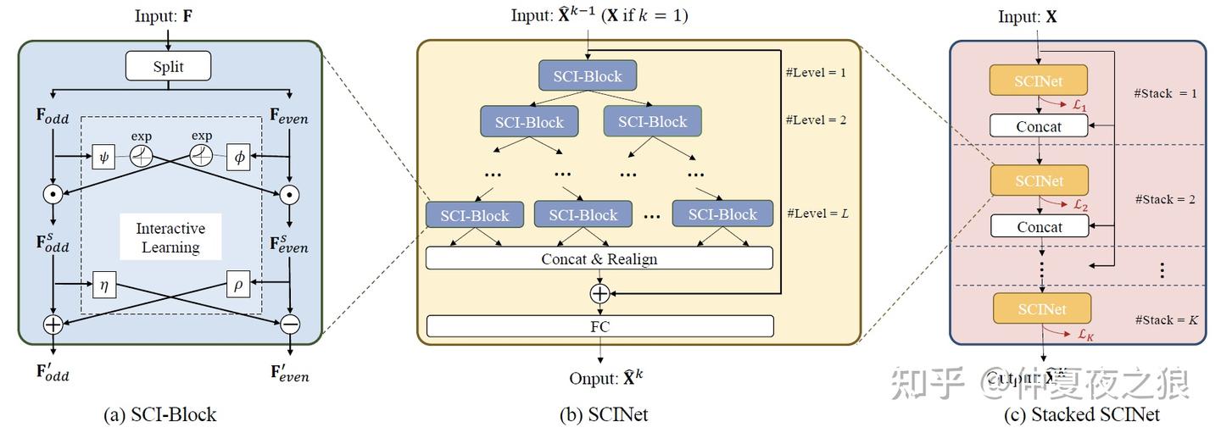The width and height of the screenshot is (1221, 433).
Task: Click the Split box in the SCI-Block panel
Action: tap(168, 66)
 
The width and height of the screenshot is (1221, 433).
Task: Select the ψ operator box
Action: tap(103, 156)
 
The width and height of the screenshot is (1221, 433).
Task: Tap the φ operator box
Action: tap(238, 156)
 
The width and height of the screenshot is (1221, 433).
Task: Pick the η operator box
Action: tap(103, 285)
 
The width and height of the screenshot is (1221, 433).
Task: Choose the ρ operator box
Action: tap(238, 285)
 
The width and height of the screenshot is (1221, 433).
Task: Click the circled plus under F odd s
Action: tap(53, 324)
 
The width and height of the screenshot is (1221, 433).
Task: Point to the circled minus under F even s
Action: tap(290, 324)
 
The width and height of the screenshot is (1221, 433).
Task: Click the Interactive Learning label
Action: tap(170, 238)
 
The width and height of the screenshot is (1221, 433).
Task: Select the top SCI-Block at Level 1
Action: tap(587, 76)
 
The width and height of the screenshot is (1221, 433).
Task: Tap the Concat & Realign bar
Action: tap(599, 258)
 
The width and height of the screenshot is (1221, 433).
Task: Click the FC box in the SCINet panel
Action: tap(599, 326)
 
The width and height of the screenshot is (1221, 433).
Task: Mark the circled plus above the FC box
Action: tap(599, 293)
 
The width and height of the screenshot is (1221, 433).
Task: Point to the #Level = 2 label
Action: tap(816, 119)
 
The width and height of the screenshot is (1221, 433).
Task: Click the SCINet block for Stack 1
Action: tap(1038, 81)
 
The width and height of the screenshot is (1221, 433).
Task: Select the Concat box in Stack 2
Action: tap(1039, 227)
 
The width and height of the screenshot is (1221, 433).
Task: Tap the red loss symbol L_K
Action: tap(1085, 335)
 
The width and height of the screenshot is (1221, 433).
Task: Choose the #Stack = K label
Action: tap(1166, 320)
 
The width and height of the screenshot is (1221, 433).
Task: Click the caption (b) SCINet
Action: tap(599, 414)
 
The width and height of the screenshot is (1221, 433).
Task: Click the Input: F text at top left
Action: tap(168, 16)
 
